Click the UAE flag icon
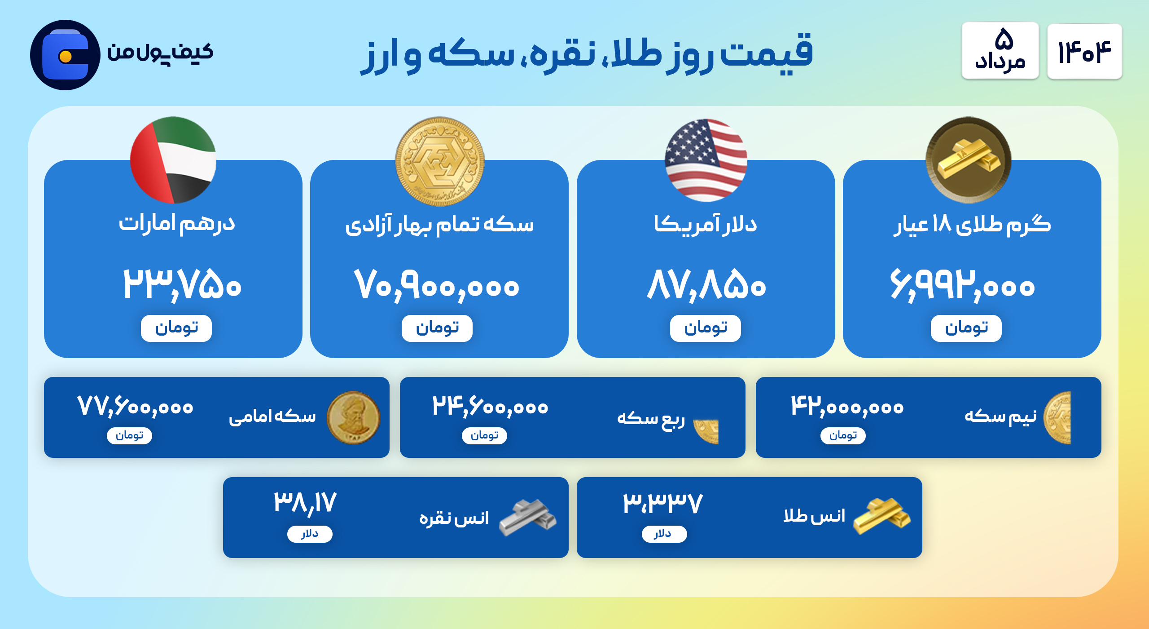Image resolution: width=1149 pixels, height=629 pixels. coord(173,160)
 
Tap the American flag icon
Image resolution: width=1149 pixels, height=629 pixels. coord(706,160)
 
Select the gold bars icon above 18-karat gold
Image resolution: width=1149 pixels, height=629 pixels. coord(969,160)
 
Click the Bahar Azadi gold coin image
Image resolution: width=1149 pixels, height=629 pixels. coord(440,161)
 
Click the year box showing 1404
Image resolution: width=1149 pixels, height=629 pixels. coord(1084,51)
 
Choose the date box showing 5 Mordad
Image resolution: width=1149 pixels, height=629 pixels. coord(1000,51)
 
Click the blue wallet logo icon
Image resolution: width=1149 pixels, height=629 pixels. coord(65,55)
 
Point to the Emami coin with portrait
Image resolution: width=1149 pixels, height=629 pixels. coord(353,417)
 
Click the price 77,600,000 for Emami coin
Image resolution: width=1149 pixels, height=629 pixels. coord(135,407)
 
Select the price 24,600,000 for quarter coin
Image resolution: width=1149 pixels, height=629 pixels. coord(490,407)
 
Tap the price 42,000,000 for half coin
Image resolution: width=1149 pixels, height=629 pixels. coord(847,407)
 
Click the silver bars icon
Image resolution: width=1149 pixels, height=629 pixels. coord(527,518)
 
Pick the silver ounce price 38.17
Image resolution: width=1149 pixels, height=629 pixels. coord(305,503)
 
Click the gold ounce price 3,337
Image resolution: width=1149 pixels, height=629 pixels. coord(662,503)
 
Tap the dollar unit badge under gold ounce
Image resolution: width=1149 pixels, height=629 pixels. coord(664,534)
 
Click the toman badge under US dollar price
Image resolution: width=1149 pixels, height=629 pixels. coord(706,328)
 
